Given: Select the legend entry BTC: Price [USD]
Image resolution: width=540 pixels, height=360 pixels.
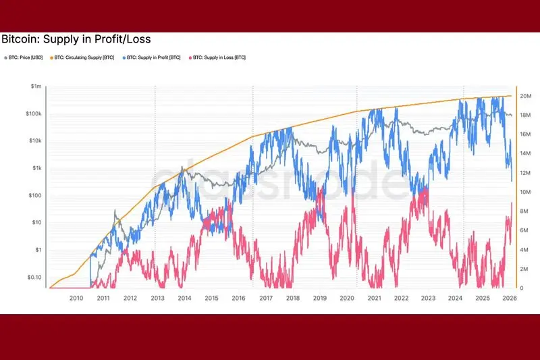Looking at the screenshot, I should point(24,57).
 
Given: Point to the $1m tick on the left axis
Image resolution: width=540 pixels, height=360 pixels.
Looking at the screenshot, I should point(36,86).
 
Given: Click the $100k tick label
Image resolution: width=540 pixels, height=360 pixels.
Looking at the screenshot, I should point(34,114).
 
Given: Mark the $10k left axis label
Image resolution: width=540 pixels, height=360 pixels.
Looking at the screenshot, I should point(35,141).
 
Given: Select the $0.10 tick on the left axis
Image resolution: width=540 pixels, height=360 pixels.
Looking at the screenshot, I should point(34,278).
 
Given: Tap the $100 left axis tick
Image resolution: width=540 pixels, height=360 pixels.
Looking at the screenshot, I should point(35,196).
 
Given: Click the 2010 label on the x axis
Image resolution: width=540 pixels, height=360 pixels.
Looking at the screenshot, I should point(76,298).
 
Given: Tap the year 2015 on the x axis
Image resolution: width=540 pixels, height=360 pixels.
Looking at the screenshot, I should point(211,298).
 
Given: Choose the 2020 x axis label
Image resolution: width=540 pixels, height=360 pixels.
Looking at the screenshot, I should point(347,298).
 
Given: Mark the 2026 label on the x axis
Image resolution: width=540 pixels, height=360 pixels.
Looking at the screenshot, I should point(509,298).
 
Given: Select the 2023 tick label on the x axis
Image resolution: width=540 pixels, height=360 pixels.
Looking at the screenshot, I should point(428,298).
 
